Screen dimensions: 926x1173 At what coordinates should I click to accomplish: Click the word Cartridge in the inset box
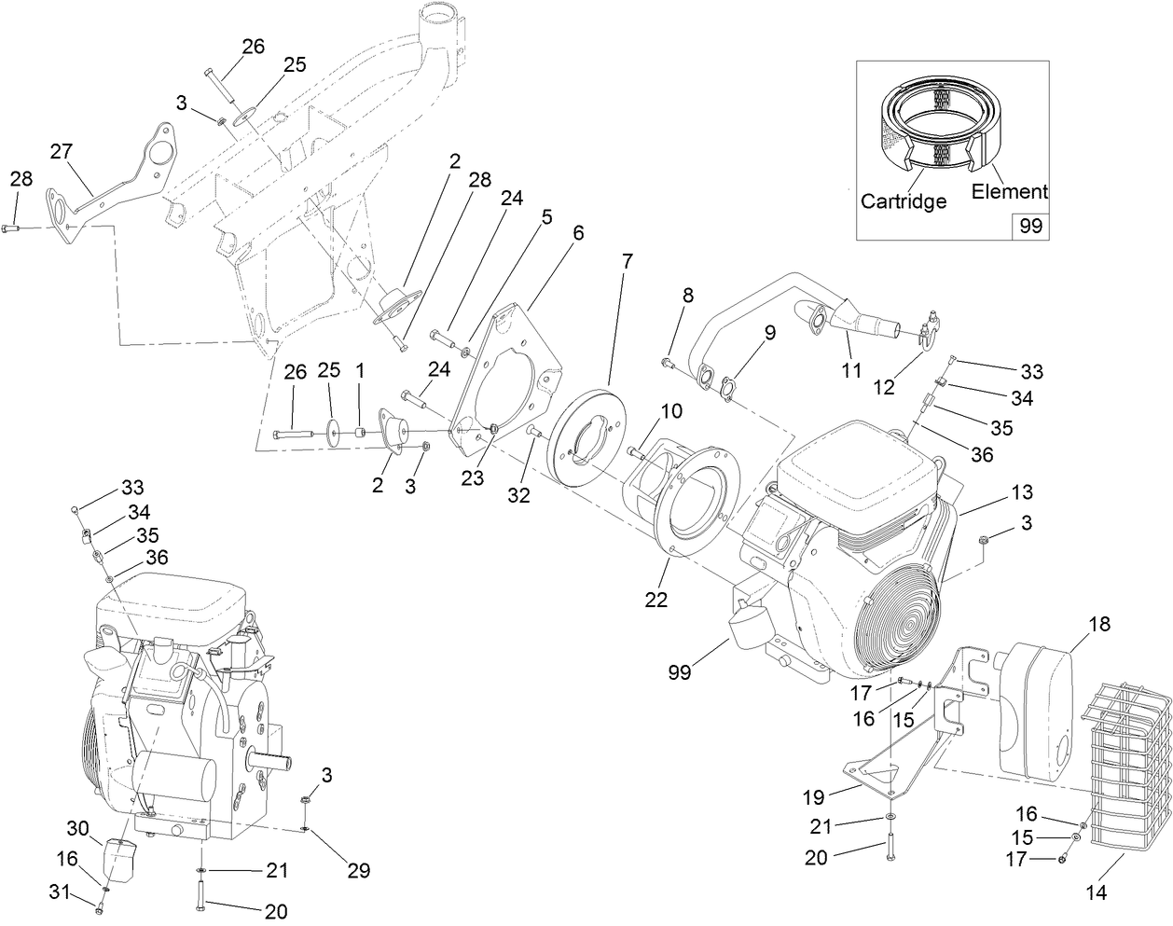pyautogui.click(x=904, y=200)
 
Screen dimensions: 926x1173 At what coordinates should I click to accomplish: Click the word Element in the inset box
pyautogui.click(x=1009, y=191)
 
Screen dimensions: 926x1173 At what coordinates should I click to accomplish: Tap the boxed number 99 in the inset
pyautogui.click(x=1031, y=227)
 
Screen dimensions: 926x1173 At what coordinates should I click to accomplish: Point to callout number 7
pyautogui.click(x=627, y=261)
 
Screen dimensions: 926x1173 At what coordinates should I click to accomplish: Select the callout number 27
pyautogui.click(x=62, y=152)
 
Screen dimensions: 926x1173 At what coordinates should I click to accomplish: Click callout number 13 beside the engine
pyautogui.click(x=1022, y=491)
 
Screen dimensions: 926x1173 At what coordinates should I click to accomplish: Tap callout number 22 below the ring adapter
pyautogui.click(x=656, y=600)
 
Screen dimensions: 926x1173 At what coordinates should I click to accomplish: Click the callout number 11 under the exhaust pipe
pyautogui.click(x=850, y=370)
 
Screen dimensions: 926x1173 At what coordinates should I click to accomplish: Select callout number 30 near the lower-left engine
pyautogui.click(x=77, y=828)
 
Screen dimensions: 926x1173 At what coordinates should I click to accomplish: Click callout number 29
pyautogui.click(x=358, y=870)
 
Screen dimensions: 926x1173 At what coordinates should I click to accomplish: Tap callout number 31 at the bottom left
pyautogui.click(x=61, y=891)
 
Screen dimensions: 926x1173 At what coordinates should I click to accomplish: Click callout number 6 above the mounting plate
pyautogui.click(x=579, y=233)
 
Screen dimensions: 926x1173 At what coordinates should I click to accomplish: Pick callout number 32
pyautogui.click(x=518, y=495)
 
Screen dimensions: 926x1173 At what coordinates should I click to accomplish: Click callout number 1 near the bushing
pyautogui.click(x=360, y=371)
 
